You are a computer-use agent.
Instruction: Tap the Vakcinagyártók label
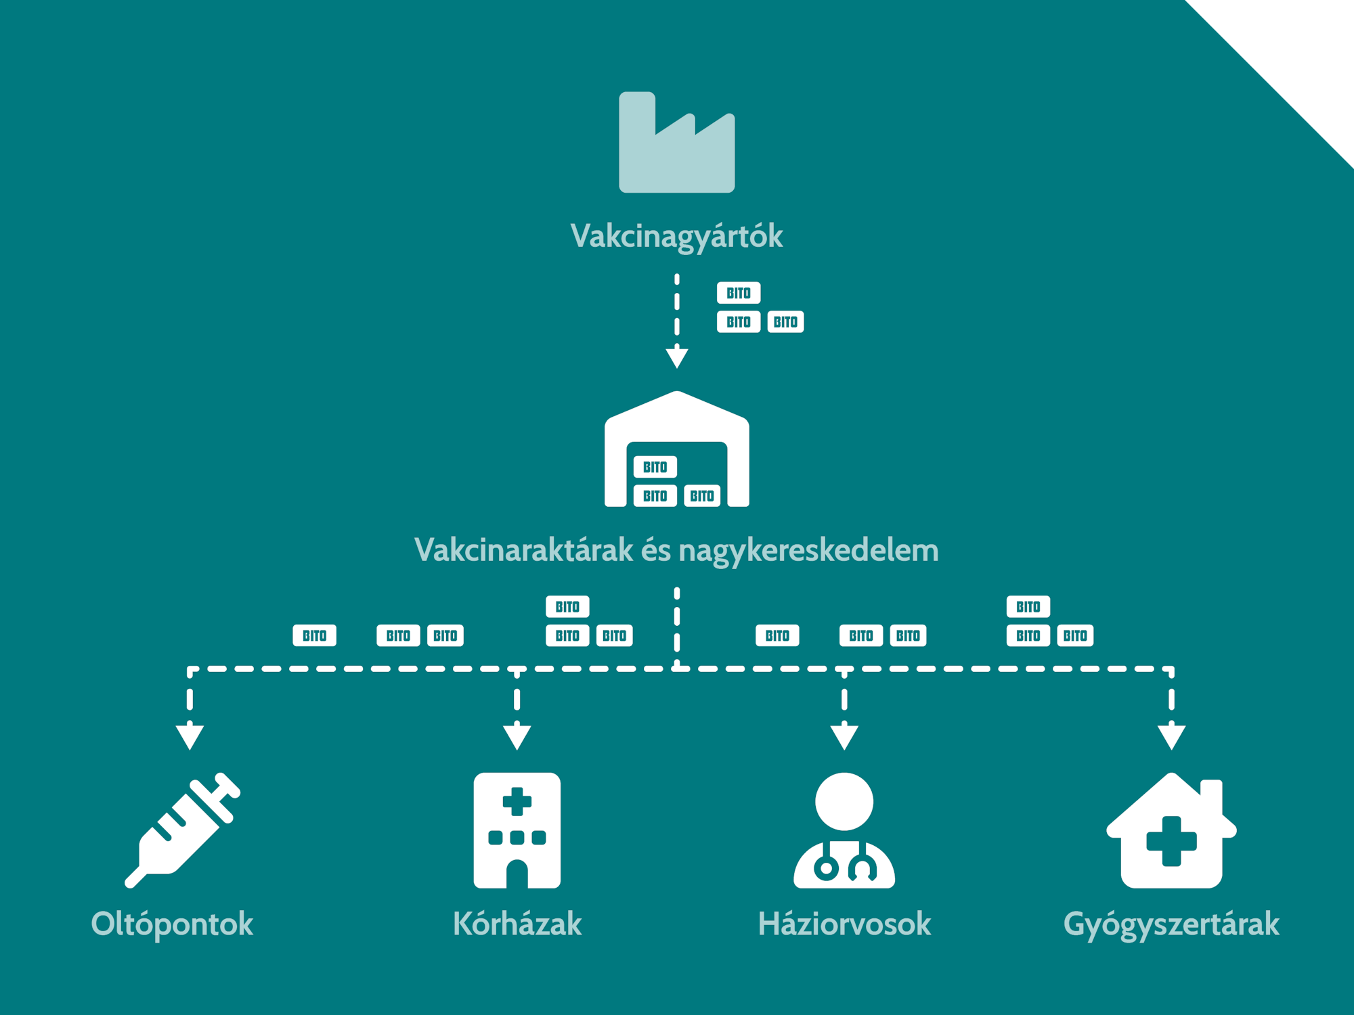click(676, 237)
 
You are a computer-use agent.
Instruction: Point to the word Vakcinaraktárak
click(523, 550)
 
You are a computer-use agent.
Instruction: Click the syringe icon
click(183, 829)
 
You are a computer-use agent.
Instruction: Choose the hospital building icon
click(517, 830)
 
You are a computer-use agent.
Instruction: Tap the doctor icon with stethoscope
click(844, 830)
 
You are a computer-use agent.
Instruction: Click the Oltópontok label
click(172, 924)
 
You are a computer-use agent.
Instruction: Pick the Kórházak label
click(517, 924)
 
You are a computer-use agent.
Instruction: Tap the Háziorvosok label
click(844, 924)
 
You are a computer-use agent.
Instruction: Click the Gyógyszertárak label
click(1171, 924)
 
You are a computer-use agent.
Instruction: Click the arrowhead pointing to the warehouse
click(676, 357)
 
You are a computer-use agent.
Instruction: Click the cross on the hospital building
click(517, 801)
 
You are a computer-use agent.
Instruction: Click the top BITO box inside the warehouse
click(655, 467)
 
